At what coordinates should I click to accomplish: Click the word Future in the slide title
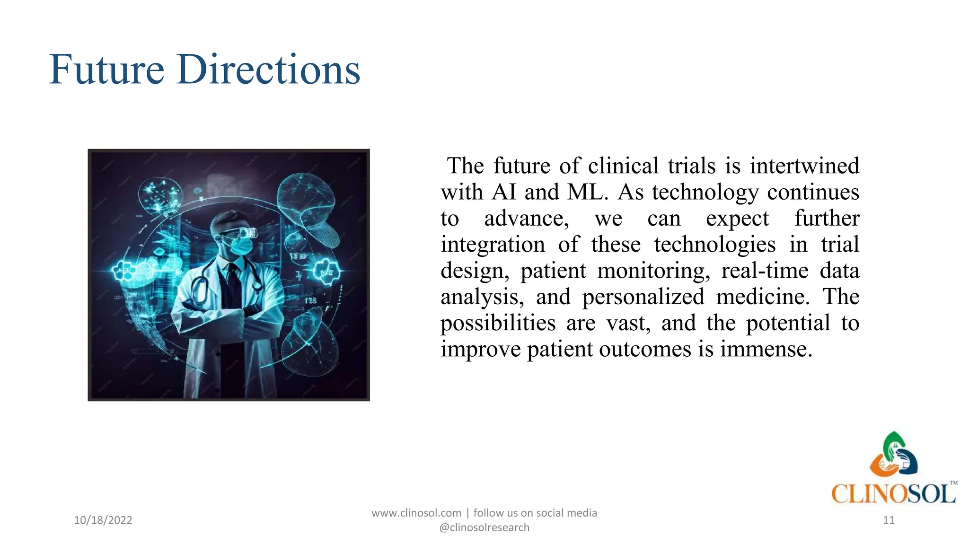click(x=106, y=70)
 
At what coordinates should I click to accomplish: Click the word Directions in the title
click(x=268, y=70)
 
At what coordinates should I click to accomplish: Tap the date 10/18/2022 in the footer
click(x=103, y=520)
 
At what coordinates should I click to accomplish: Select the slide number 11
click(x=889, y=520)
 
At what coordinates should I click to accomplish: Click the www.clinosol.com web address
click(x=416, y=513)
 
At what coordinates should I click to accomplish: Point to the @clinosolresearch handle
click(x=484, y=527)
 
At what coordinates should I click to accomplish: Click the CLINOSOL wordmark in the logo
click(x=893, y=494)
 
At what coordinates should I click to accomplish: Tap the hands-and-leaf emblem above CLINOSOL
click(x=894, y=455)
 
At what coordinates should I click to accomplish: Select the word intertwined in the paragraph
click(x=804, y=166)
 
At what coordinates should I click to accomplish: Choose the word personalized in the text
click(x=643, y=297)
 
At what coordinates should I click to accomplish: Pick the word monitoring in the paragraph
click(x=653, y=271)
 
